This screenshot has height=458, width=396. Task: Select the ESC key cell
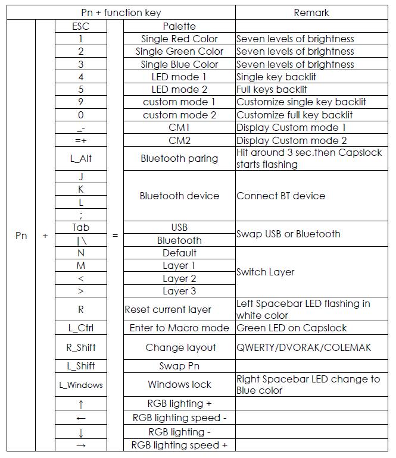pos(81,26)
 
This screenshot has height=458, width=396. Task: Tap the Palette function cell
pos(179,26)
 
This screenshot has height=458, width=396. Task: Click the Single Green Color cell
pos(179,52)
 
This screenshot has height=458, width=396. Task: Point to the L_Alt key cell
pos(81,159)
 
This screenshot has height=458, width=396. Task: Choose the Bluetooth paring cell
pos(179,159)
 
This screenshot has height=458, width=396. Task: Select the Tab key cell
pos(81,227)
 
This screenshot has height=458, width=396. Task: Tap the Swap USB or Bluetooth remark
pos(289,234)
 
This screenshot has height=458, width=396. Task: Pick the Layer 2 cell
pos(179,278)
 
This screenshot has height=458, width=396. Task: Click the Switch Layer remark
pos(266,272)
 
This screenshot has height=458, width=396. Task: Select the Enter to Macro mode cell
pos(179,328)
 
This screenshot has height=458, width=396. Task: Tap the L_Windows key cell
pos(81,385)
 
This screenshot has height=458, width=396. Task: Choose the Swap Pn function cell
pos(179,366)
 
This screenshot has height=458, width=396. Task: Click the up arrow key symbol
pos(81,404)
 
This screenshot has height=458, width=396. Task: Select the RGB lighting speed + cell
pos(179,445)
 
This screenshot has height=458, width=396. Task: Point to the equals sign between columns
pos(115,236)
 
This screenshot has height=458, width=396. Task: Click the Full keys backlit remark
pos(272,90)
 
